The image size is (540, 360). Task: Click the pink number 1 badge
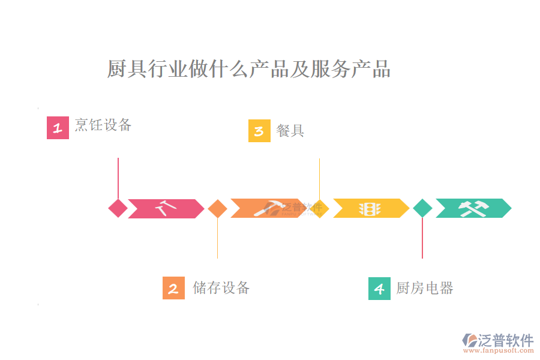[58, 128]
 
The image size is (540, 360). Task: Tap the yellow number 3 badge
[259, 131]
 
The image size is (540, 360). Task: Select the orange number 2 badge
[173, 288]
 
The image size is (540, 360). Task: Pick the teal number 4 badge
[379, 289]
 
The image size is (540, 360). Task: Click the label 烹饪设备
[103, 125]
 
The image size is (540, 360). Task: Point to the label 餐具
[290, 131]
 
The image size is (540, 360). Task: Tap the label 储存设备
[221, 288]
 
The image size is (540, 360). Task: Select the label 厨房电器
[425, 289]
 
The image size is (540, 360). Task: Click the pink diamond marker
[118, 208]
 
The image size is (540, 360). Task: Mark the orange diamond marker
[217, 208]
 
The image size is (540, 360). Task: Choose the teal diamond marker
[422, 208]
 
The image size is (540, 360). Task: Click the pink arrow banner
[166, 208]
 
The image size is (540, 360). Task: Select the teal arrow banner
[473, 208]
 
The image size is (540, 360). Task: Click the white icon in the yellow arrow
[370, 208]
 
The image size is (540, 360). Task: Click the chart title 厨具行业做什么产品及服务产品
[248, 69]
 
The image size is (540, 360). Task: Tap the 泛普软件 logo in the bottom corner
[498, 340]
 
